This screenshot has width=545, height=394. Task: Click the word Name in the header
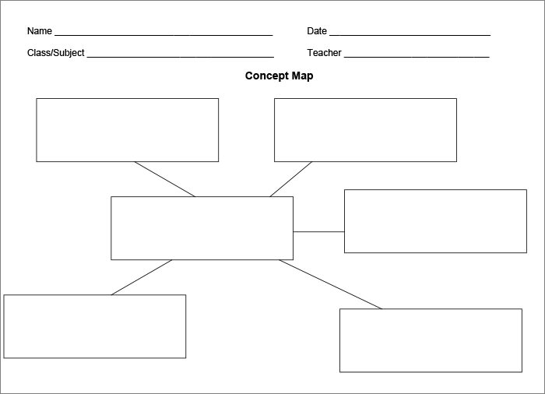point(39,31)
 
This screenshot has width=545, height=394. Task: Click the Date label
point(317,31)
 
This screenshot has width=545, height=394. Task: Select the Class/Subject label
point(55,53)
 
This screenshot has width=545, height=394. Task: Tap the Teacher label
point(325,53)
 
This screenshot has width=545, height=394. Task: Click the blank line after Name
point(163,35)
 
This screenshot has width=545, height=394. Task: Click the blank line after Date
point(410,35)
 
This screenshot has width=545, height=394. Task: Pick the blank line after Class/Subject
point(180,57)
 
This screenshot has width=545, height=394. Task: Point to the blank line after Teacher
point(417,57)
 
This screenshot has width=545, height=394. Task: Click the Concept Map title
point(279,76)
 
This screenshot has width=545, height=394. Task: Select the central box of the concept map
point(202,228)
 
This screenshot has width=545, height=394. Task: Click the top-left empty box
point(127,130)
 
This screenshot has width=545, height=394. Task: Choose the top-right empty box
point(365,130)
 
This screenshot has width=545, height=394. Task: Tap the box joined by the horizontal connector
point(435,221)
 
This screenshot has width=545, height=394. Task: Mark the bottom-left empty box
point(94,326)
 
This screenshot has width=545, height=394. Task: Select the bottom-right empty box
point(431,340)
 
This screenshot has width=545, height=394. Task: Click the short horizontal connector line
point(318,231)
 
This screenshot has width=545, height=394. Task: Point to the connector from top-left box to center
point(164,179)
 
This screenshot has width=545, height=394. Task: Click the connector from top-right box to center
point(291,179)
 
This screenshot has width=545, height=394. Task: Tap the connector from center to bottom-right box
point(330,284)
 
